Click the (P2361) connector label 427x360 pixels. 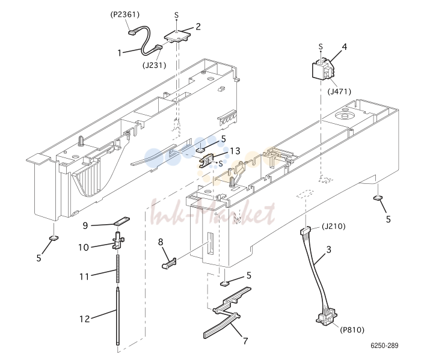(125, 14)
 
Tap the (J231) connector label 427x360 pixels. (154, 66)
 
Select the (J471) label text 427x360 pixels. (339, 91)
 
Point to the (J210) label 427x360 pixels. (334, 226)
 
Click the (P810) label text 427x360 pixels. (352, 330)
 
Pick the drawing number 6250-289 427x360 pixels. (384, 346)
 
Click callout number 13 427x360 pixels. (235, 151)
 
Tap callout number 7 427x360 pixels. (245, 341)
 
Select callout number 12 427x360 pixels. (85, 319)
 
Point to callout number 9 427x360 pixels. (85, 225)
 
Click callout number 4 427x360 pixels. (345, 47)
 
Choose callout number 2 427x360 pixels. (198, 26)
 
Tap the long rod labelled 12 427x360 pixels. (118, 316)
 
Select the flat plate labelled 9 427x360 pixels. (121, 221)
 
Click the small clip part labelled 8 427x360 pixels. (169, 263)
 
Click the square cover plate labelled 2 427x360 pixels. (177, 37)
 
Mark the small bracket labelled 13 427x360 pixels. (207, 160)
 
